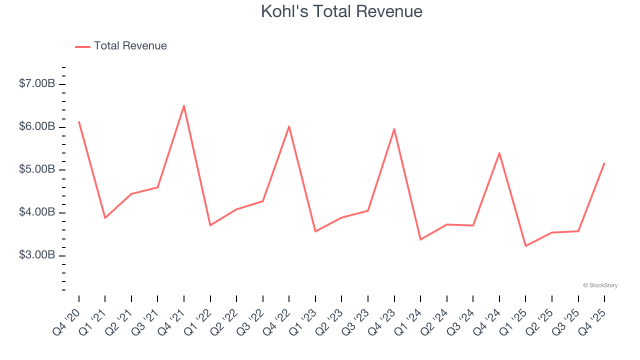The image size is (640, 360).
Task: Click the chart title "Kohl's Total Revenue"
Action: (341, 11)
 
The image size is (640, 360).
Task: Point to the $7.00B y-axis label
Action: (37, 83)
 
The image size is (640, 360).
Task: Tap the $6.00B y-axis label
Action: (37, 126)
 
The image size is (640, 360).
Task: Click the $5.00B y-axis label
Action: (37, 169)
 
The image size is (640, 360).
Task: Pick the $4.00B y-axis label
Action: (37, 212)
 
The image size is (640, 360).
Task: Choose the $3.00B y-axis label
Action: (37, 255)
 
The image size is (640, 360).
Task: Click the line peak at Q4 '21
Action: (184, 106)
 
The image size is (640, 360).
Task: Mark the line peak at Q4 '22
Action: (289, 126)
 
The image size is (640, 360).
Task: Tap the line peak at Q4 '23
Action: (394, 129)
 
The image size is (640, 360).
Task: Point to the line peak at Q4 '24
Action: (499, 153)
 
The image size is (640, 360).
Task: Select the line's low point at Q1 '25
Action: (525, 246)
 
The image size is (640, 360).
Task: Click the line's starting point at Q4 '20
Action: (79, 121)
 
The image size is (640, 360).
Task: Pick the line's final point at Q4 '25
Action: (604, 163)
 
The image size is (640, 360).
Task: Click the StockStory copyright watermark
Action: (600, 285)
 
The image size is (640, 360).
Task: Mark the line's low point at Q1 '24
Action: (420, 239)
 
